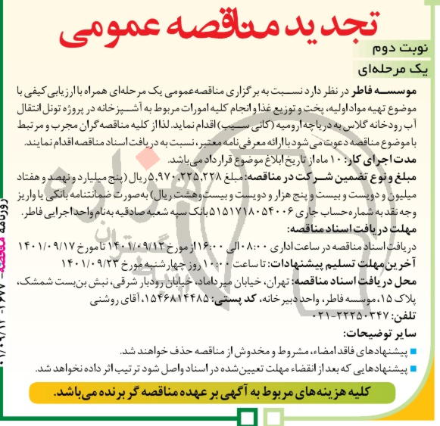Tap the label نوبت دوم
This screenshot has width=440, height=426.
(x=402, y=53)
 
